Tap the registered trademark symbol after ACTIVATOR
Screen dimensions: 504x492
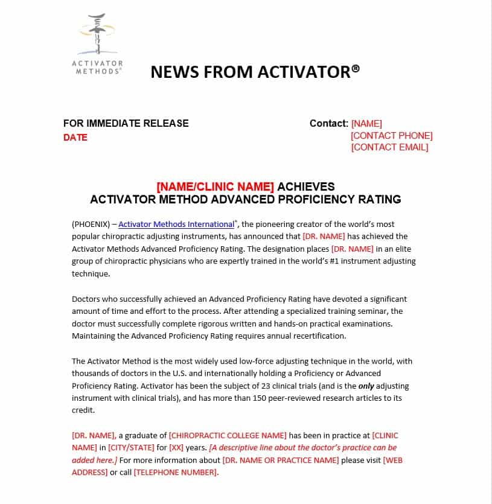pos(356,69)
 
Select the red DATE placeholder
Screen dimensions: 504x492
pos(75,138)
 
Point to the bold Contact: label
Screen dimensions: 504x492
pos(329,123)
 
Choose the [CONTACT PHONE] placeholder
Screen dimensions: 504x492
pos(392,136)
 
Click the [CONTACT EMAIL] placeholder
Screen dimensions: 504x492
pos(389,147)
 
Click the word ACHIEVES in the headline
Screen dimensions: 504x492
pos(306,187)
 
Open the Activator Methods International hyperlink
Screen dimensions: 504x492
pos(176,224)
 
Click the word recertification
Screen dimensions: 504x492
pos(320,336)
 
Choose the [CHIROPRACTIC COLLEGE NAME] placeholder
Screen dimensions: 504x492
pos(228,436)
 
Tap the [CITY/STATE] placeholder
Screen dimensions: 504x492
pos(131,448)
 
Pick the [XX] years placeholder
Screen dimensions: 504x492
pos(176,448)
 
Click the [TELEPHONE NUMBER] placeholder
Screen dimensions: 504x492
pos(175,473)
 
